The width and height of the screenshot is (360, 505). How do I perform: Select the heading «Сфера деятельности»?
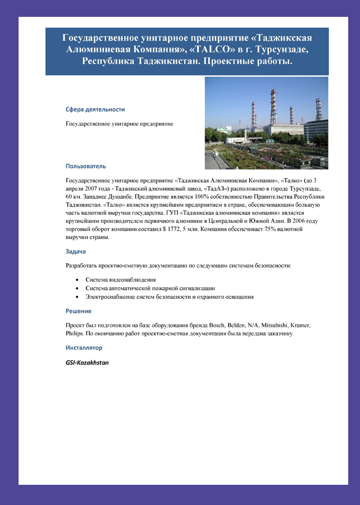coord(95,109)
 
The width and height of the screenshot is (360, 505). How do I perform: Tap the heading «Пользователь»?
coord(85,166)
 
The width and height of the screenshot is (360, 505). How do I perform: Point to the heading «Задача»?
coord(76,251)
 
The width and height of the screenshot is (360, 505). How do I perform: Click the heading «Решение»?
coord(79,311)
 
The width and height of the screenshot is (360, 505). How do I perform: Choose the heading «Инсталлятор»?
coord(84,348)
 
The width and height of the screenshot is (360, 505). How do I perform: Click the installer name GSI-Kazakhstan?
coord(87,362)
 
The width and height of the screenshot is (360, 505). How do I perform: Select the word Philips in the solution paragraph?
coord(75,333)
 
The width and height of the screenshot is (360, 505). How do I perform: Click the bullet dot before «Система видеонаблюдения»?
coord(77,279)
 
